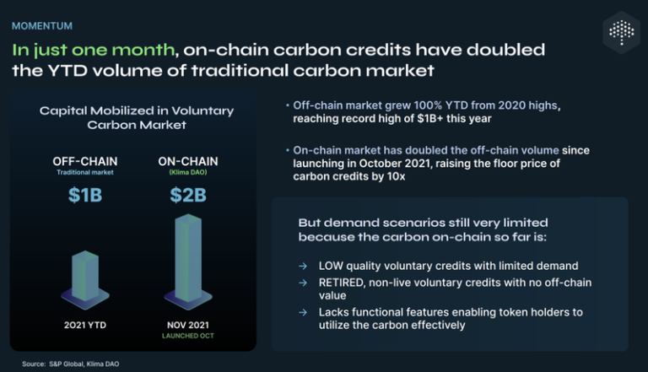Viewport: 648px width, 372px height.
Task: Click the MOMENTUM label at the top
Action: (x=41, y=26)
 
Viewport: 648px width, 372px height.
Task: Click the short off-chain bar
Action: (x=84, y=274)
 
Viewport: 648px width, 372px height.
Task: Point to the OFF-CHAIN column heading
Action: (x=84, y=161)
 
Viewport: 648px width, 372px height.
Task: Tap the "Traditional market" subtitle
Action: (x=84, y=173)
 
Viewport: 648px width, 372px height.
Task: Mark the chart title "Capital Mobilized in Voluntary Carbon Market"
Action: (x=136, y=117)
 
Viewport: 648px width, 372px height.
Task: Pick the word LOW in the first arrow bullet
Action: (x=332, y=266)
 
